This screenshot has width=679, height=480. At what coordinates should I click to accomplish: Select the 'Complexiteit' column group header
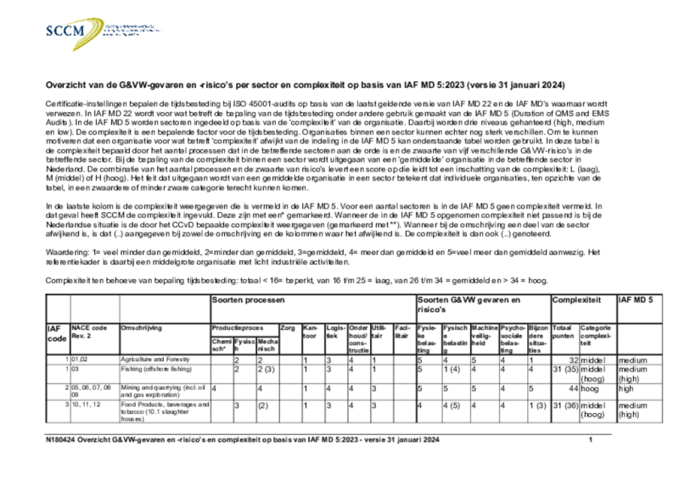tap(576, 300)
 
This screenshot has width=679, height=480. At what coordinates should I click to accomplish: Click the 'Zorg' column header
tap(287, 327)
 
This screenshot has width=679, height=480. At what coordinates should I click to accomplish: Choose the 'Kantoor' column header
tap(311, 331)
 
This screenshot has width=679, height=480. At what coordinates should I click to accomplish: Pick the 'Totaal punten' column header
tap(562, 331)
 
